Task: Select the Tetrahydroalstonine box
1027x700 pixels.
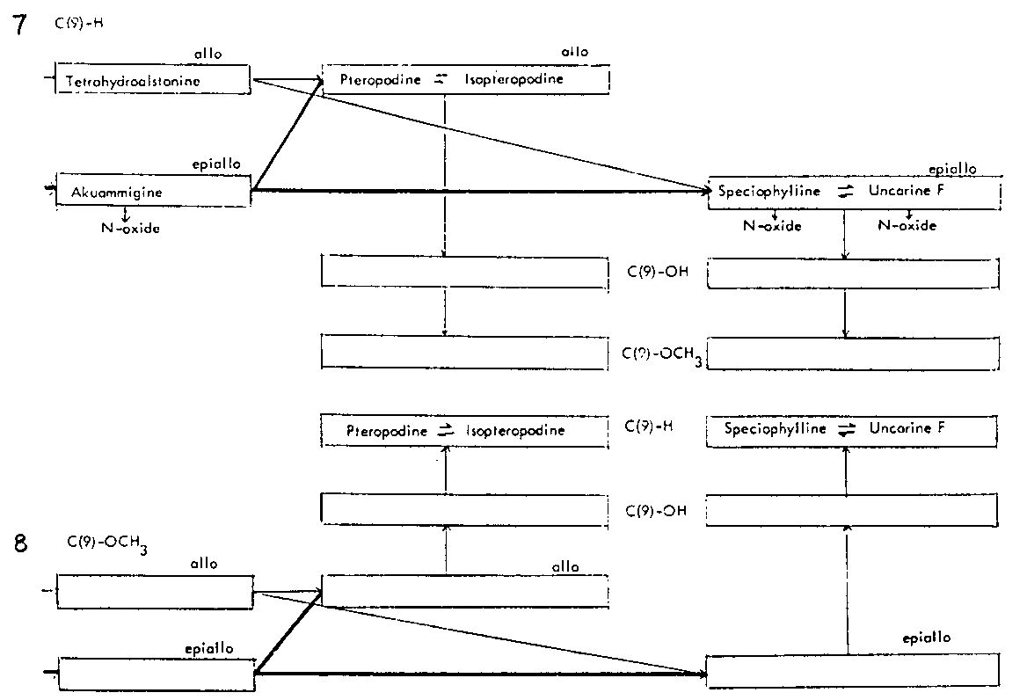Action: [153, 82]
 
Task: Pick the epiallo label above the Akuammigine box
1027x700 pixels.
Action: [216, 164]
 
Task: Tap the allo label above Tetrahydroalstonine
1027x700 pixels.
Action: [208, 55]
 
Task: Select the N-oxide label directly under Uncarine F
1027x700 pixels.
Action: [907, 226]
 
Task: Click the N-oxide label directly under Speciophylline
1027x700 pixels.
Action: [773, 226]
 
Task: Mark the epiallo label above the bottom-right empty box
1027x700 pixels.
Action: [926, 638]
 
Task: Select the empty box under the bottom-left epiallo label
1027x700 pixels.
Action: [156, 674]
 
